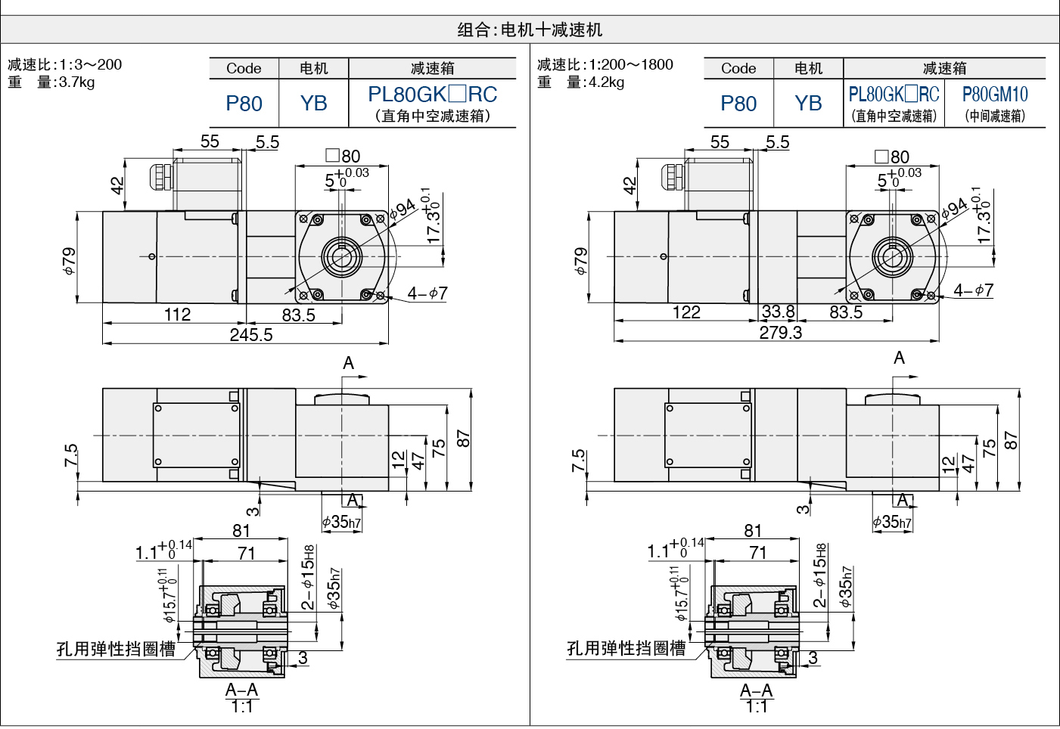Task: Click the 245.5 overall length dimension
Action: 251,335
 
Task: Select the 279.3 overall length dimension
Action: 781,333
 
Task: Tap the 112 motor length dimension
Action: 177,314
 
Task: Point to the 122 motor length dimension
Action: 686,312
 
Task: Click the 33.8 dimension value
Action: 779,312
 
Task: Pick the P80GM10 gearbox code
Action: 995,94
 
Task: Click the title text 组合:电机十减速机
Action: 530,29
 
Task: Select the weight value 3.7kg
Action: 76,82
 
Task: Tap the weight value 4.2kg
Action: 606,82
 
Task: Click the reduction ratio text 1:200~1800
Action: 631,64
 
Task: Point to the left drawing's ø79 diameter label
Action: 69,261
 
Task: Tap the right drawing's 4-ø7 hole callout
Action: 974,290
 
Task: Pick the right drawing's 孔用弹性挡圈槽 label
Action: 626,648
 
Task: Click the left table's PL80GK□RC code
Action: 433,94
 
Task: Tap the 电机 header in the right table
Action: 808,68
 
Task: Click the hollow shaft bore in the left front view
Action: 341,257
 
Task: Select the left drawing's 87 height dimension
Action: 464,439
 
